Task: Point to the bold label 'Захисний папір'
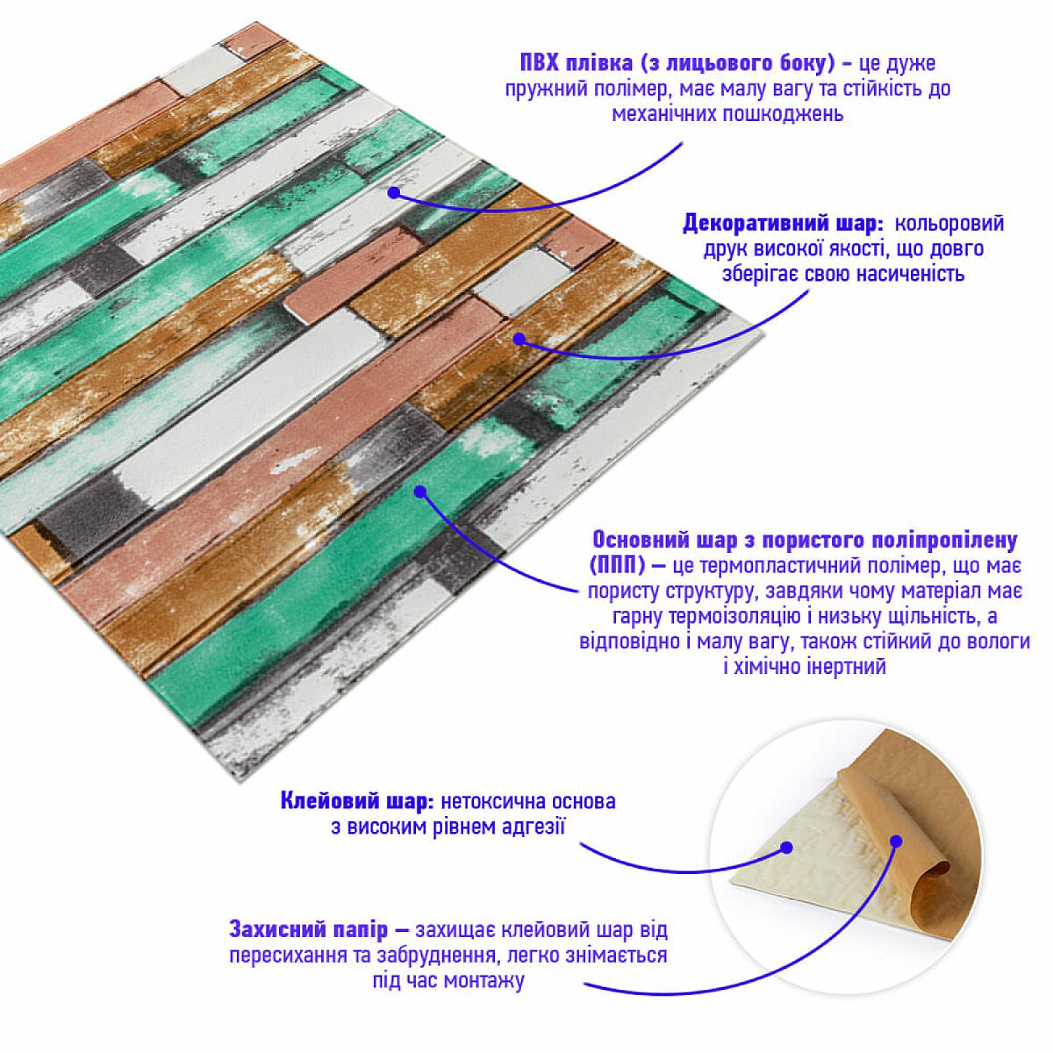coord(309,930)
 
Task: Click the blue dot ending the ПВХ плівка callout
coord(394,193)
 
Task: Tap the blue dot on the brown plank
coord(519,339)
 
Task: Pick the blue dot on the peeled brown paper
coord(896,840)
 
